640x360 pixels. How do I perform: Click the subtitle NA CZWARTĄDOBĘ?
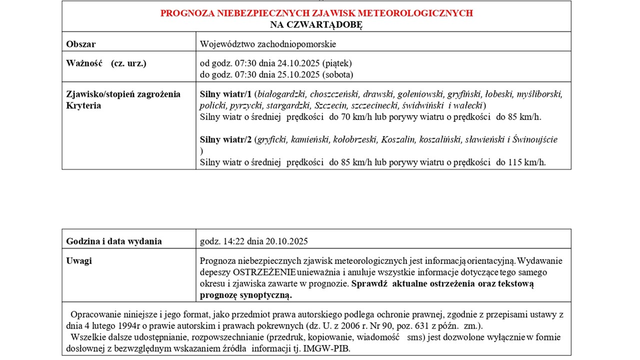[x=316, y=24]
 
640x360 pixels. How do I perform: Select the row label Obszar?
[x=80, y=44]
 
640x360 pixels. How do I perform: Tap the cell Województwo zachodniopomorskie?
[x=268, y=44]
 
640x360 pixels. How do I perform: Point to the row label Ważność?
[x=84, y=63]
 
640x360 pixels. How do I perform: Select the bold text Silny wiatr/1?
[x=225, y=94]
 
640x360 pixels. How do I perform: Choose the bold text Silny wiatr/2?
[x=226, y=139]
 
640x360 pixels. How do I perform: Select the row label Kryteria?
[x=83, y=105]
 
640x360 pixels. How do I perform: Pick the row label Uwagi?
[x=79, y=261]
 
